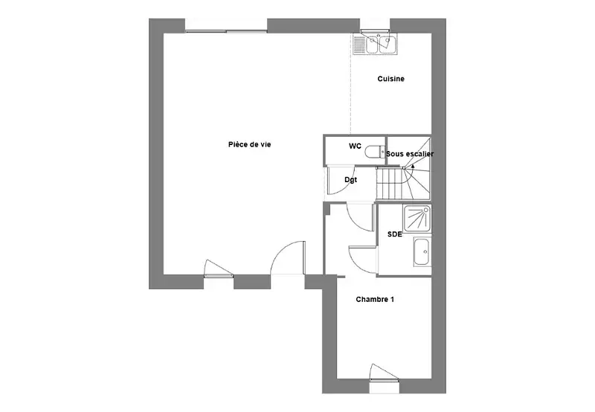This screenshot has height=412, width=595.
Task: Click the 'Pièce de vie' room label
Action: coord(249,144)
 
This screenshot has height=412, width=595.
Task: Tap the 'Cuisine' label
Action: coord(391,79)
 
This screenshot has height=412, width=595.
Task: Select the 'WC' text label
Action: coord(356,146)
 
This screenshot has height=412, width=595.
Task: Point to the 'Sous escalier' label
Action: coord(410,154)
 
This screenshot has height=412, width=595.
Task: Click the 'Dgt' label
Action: coord(350,180)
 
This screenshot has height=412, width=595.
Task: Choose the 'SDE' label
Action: coord(395,234)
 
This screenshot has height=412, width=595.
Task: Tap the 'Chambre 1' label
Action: coord(375,299)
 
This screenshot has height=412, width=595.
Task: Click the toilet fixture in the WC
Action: coord(375,152)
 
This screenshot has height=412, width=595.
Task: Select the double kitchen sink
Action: coord(375,44)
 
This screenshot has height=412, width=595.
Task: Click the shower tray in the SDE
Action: coord(417,219)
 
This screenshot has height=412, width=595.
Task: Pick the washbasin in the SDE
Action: coord(422,251)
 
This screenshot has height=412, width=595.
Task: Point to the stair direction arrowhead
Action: coord(413,165)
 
